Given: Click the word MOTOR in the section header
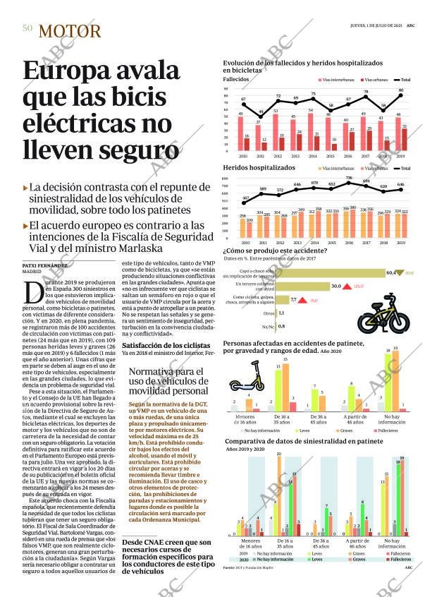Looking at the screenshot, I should point(70,30).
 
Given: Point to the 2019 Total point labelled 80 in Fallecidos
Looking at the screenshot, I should point(401,95).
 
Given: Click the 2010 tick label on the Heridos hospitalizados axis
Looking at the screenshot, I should point(244,242).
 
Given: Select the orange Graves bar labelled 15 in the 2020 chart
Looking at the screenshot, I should point(285,387).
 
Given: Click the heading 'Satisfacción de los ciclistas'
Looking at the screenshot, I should point(166,345).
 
